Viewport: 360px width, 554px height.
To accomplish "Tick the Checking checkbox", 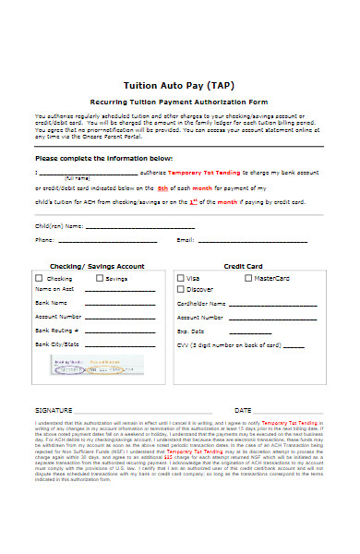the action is [39, 278].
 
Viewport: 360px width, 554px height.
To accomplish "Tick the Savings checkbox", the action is [98, 278].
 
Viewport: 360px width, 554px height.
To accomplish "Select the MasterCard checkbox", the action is [247, 278].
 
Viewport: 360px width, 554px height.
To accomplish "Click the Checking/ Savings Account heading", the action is [97, 266].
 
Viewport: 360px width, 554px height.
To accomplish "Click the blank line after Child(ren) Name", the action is [139, 225].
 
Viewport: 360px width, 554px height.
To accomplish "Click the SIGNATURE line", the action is [129, 409].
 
